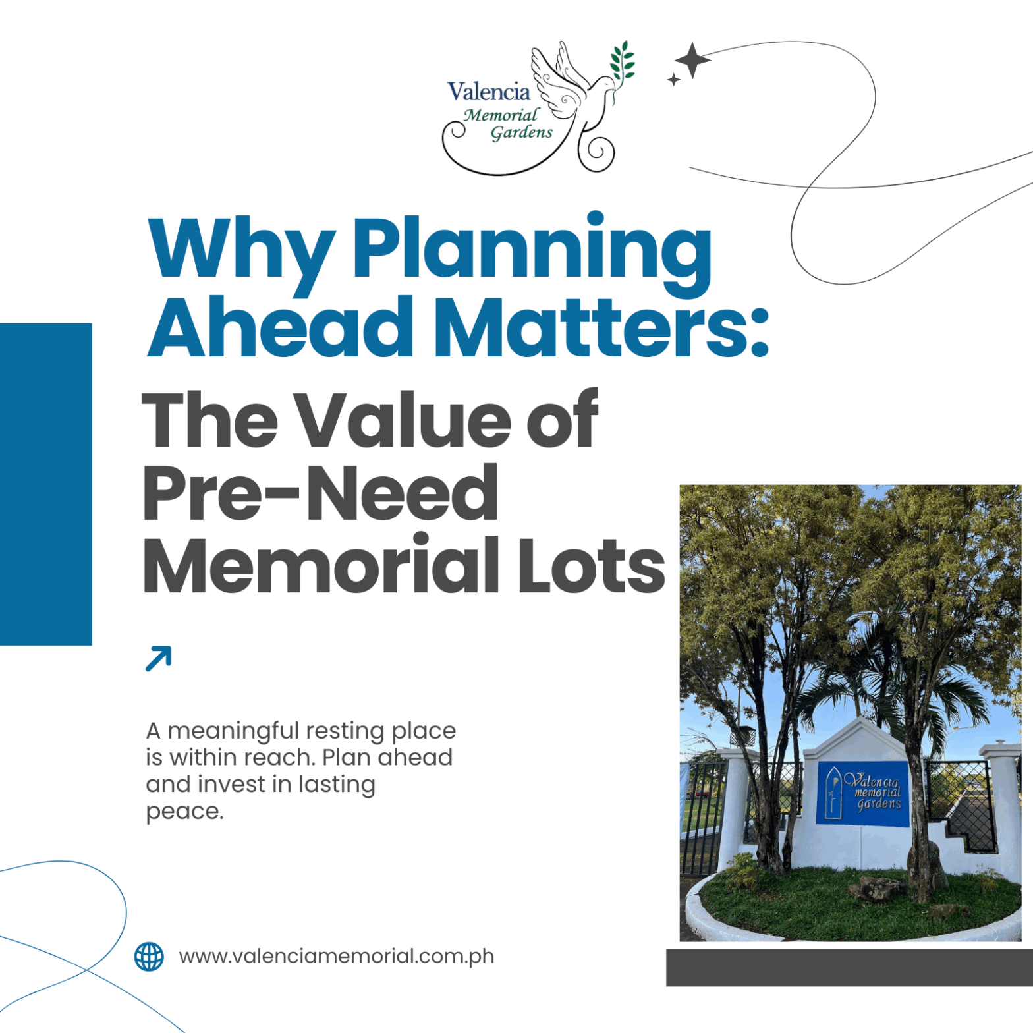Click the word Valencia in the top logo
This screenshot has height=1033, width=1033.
click(x=488, y=92)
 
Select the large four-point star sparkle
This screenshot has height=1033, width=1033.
click(x=692, y=60)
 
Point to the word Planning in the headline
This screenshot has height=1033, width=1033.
click(x=532, y=253)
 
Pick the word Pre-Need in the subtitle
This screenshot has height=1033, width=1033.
click(x=320, y=493)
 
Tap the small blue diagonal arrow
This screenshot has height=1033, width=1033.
click(x=158, y=659)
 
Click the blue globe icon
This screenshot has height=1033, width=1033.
click(x=149, y=957)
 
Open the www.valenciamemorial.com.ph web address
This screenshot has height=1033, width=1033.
click(x=336, y=957)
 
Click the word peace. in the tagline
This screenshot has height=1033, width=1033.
click(x=184, y=812)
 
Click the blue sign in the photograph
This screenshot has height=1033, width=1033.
click(x=862, y=793)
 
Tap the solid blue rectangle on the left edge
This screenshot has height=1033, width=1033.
click(x=45, y=484)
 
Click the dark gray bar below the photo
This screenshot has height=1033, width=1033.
click(x=849, y=967)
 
